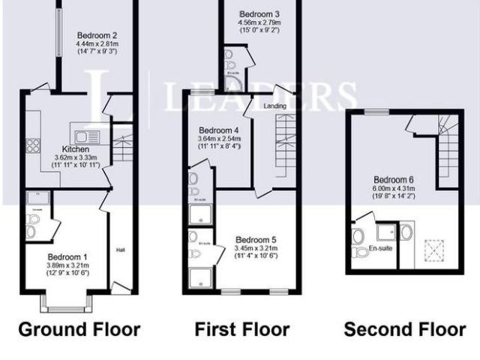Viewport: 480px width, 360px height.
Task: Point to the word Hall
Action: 120,250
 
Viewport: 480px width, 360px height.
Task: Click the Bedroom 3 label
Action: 259,14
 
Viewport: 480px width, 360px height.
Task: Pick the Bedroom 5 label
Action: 256,240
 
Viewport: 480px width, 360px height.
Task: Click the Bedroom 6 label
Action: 393,179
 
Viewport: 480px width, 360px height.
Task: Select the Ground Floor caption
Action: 79,328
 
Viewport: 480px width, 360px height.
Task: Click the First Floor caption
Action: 242,328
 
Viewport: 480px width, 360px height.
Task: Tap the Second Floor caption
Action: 404,328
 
